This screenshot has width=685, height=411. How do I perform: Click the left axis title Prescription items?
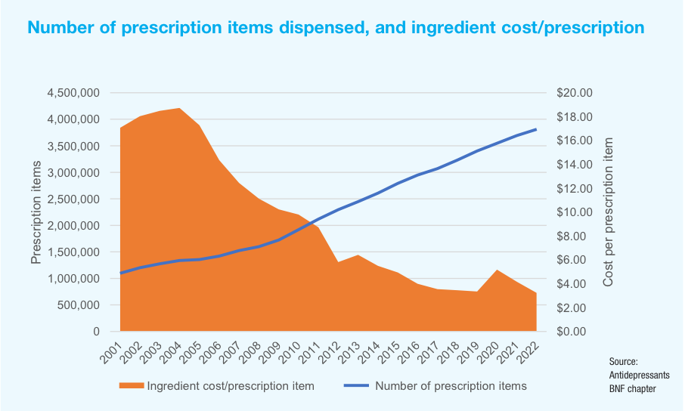[36, 212]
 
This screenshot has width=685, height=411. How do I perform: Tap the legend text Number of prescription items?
[451, 386]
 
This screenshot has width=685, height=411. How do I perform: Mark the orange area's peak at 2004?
[179, 109]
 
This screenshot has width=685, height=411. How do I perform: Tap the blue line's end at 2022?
[536, 129]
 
